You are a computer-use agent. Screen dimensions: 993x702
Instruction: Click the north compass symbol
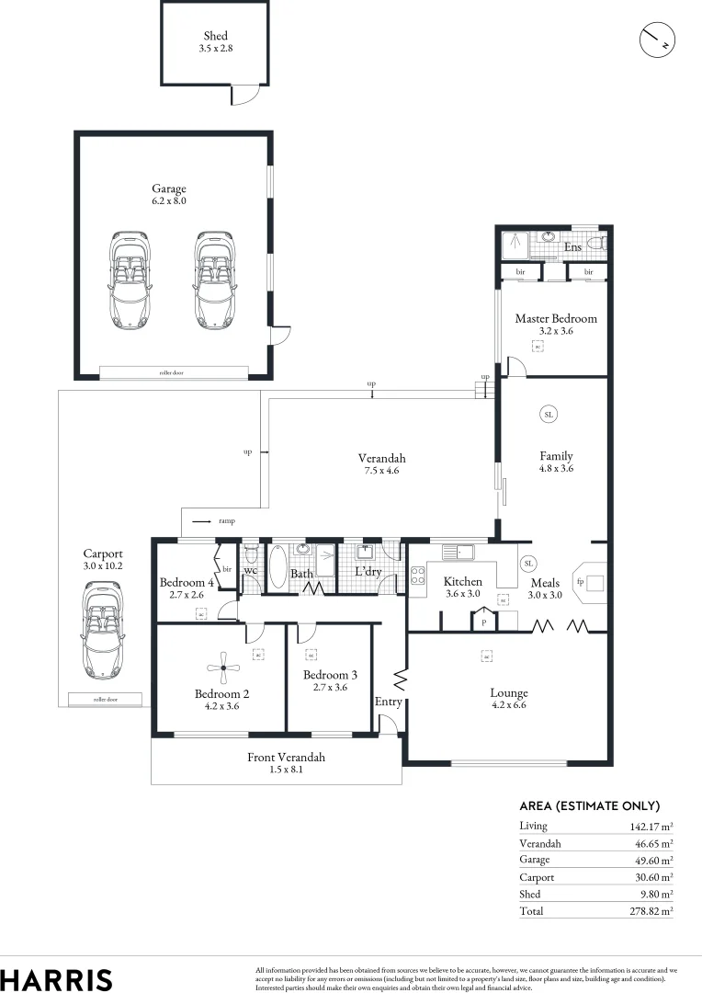657,39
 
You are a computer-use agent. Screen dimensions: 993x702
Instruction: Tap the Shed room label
215,37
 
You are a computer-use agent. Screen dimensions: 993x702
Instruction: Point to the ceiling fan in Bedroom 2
220,668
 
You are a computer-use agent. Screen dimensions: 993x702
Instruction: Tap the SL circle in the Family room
549,415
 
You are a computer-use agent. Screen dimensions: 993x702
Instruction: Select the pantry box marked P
483,622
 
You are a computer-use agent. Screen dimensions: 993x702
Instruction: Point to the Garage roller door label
173,373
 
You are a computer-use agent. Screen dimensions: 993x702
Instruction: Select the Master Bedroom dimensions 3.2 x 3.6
555,331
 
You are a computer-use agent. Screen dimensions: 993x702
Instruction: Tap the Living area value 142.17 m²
650,826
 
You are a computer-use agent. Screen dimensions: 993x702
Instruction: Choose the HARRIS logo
57,978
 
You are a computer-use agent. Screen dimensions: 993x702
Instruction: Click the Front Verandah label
286,758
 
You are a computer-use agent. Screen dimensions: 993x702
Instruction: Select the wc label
250,570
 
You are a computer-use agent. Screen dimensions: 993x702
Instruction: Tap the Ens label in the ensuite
572,247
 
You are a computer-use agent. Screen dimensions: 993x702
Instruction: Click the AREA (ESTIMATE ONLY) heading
589,805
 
